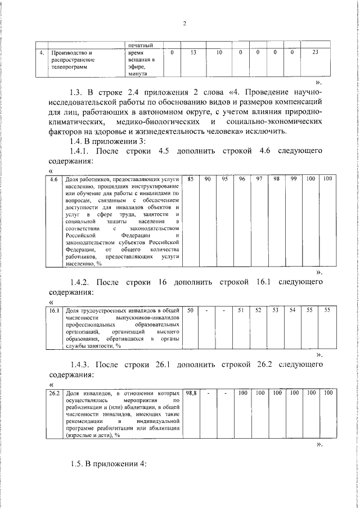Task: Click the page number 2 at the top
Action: point(184,24)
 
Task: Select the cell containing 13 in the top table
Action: point(193,52)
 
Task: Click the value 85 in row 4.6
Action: point(191,179)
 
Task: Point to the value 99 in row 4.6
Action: point(293,179)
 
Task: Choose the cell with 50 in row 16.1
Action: point(191,310)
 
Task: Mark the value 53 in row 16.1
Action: point(276,310)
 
